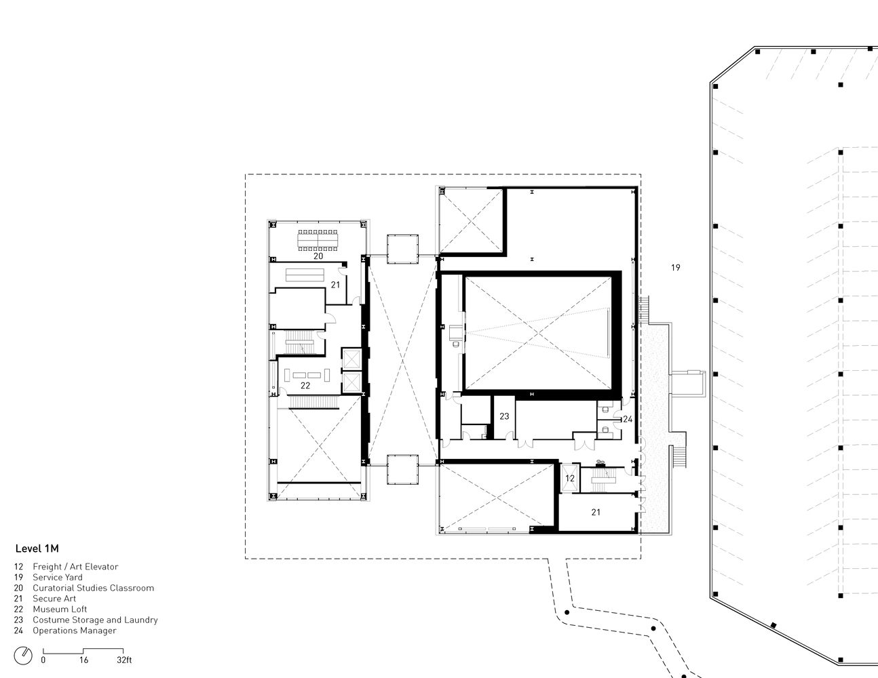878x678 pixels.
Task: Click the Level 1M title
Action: point(37,549)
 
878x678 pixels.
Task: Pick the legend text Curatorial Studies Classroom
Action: point(94,588)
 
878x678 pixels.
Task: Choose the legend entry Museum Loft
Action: point(60,609)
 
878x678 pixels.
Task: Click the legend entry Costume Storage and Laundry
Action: point(96,620)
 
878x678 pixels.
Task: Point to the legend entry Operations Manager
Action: point(75,631)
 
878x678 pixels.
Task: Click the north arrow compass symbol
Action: point(23,656)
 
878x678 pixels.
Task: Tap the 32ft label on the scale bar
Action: point(124,660)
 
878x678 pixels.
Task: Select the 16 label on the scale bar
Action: point(83,660)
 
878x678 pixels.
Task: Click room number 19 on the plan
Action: point(676,267)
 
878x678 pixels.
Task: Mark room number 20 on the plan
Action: point(318,256)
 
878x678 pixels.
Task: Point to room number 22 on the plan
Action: point(305,385)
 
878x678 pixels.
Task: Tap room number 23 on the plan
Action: point(504,416)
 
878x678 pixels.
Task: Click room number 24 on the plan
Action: point(628,419)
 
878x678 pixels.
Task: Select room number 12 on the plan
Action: point(570,479)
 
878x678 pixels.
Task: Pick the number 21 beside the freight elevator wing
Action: point(596,512)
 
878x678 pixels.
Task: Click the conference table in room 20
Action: point(318,241)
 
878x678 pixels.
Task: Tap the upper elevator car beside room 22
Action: point(351,359)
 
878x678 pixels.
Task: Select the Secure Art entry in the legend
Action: point(54,599)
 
